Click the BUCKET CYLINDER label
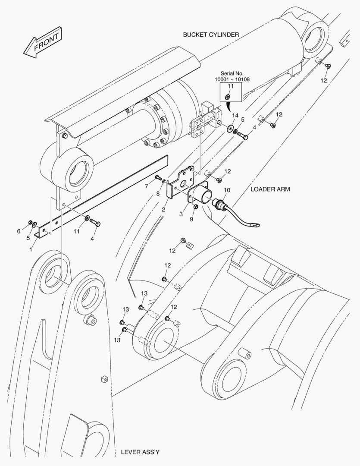click(x=210, y=35)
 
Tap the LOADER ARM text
click(x=270, y=189)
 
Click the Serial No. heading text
click(x=232, y=73)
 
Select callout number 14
click(x=235, y=116)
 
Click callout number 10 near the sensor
click(x=227, y=190)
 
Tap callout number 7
click(x=146, y=186)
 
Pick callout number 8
click(x=158, y=194)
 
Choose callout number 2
click(x=164, y=209)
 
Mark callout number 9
click(x=192, y=219)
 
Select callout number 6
click(x=19, y=231)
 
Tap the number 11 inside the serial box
click(x=230, y=86)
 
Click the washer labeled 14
click(x=231, y=128)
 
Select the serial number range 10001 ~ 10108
click(x=232, y=80)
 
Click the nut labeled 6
click(x=30, y=223)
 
